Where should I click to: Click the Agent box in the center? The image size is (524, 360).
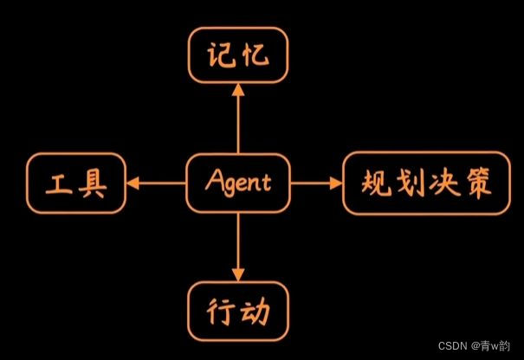[x=238, y=183]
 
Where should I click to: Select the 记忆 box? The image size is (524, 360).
[x=237, y=57]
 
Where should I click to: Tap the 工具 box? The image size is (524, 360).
[x=76, y=183]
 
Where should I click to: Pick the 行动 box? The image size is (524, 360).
[x=237, y=309]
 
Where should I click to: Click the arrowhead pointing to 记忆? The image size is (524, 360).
[x=237, y=91]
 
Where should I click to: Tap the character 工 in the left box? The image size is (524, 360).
[x=59, y=183]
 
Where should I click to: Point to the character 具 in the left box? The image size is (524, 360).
[x=94, y=183]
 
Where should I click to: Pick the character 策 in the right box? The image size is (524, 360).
[x=479, y=183]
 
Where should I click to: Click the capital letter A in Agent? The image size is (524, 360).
[x=214, y=183]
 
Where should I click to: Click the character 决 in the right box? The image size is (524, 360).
[x=444, y=183]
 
